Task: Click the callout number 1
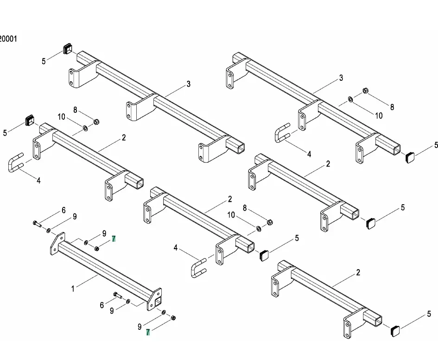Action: [x=73, y=289]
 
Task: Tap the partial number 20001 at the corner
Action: [x=8, y=39]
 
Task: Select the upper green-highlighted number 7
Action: [x=114, y=239]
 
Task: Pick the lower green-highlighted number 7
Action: [x=148, y=332]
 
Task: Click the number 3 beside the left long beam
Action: [x=189, y=84]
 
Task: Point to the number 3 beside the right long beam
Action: [x=341, y=78]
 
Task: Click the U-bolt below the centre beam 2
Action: [x=198, y=269]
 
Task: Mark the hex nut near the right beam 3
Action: [x=365, y=90]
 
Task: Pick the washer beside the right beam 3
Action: [x=350, y=98]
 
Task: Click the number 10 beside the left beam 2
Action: [x=62, y=117]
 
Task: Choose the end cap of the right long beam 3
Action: [x=409, y=157]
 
